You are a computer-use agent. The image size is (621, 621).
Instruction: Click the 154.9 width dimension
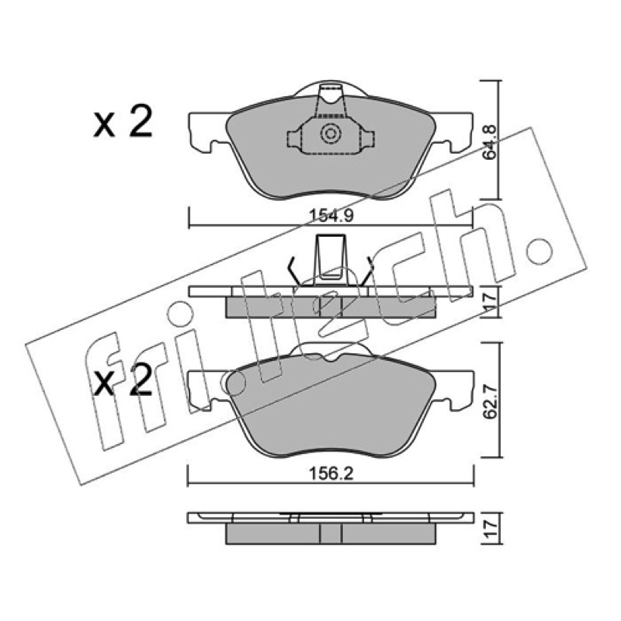click(x=331, y=216)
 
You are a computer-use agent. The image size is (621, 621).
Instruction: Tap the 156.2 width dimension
click(x=331, y=474)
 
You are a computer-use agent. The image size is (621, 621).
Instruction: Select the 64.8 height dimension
click(x=490, y=142)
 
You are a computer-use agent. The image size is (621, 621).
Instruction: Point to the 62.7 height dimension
click(x=491, y=401)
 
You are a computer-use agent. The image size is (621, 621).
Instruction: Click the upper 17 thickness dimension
click(x=491, y=301)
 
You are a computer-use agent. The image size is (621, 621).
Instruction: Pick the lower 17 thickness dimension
click(x=491, y=529)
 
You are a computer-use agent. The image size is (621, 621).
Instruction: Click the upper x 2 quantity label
click(x=123, y=121)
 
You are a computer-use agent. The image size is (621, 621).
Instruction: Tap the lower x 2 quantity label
click(x=123, y=380)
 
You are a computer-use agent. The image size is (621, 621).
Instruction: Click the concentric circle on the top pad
click(x=330, y=134)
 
